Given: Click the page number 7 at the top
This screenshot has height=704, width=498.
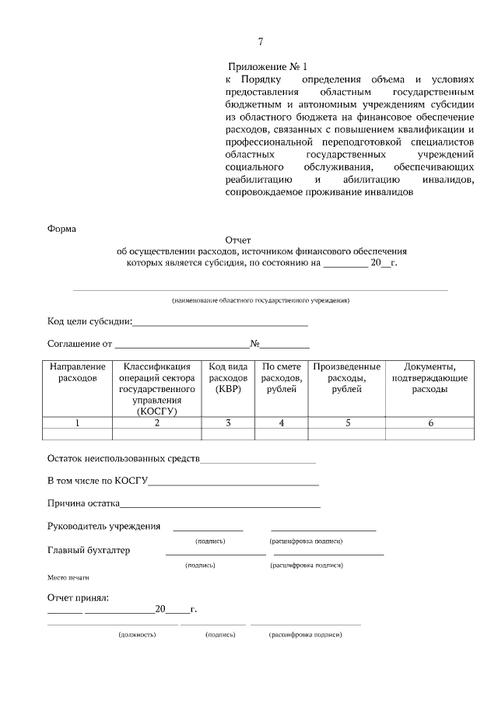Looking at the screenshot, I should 261,42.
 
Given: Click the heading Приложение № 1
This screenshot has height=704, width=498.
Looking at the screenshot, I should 268,68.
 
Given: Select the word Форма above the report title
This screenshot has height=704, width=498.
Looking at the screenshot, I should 61,229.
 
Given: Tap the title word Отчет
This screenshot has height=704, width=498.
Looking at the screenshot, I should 238,241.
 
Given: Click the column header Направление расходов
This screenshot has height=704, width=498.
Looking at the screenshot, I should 77,372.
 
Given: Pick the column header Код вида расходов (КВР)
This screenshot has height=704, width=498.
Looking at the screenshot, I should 227,377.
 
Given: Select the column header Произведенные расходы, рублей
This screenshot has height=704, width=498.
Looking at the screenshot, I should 346,377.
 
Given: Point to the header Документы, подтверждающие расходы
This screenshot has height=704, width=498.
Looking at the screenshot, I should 429,377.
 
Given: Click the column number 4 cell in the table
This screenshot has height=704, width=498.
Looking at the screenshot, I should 281,423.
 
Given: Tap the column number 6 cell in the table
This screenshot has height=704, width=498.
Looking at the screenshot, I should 430,423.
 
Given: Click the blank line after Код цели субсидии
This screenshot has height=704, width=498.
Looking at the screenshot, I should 220,323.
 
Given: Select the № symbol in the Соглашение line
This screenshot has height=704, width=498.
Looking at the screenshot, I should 254,343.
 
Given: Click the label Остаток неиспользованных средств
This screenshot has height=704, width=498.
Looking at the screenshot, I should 123,459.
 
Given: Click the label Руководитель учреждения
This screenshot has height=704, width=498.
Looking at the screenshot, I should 103,526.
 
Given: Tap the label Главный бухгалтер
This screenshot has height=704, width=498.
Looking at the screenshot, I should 89,550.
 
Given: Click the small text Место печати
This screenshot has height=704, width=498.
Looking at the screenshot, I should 68,578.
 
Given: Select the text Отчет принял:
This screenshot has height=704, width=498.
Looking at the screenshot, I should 78,597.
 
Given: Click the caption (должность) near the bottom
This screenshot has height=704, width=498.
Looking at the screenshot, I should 137,635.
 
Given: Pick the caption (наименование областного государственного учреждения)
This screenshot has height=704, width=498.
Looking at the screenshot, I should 261,300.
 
